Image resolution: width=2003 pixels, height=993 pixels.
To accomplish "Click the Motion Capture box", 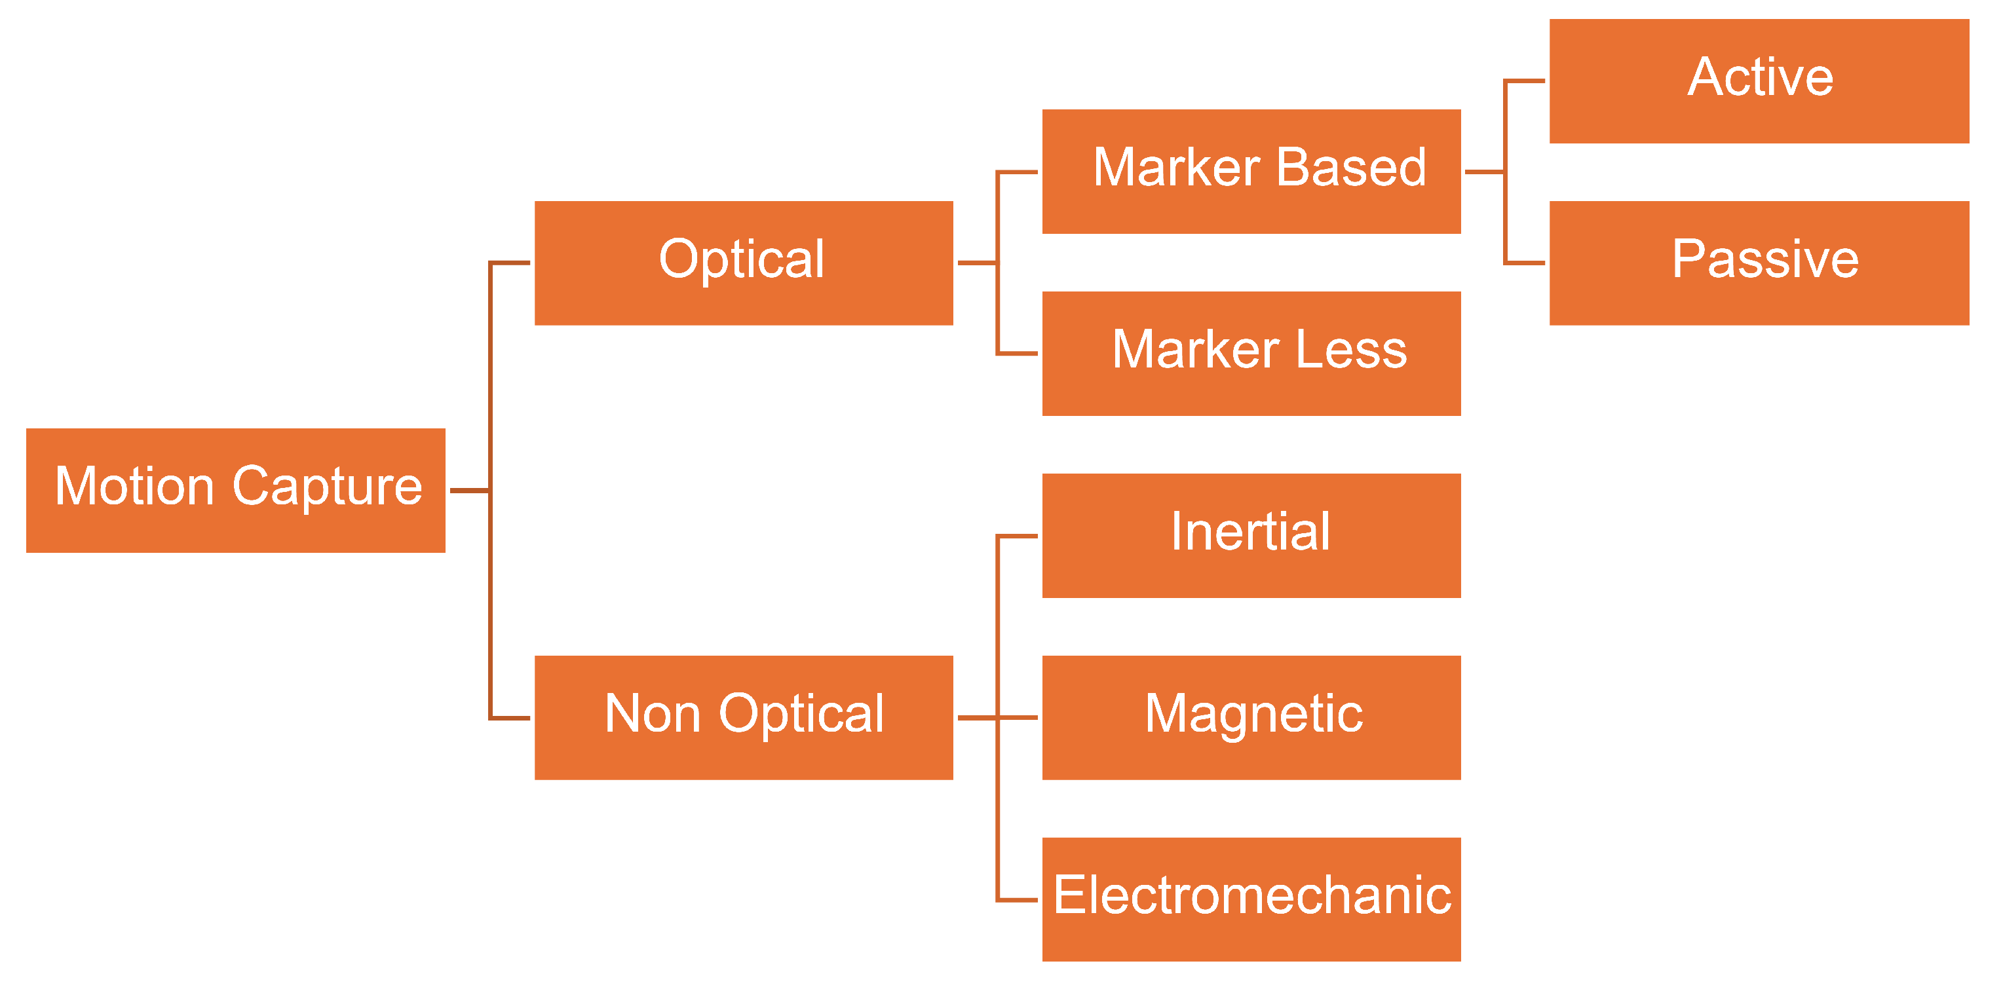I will click(236, 490).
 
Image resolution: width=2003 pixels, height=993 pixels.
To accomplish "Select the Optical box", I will click(744, 263).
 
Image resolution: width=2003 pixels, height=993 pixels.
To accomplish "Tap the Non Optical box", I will click(744, 717).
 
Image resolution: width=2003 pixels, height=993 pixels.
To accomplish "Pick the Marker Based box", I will click(1251, 171).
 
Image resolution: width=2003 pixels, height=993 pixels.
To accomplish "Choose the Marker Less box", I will click(1251, 353).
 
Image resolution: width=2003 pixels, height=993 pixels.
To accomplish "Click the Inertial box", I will click(1251, 535).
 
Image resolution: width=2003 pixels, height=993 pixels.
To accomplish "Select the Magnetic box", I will click(1251, 717).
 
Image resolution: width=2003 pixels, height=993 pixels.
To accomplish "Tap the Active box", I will click(1759, 81).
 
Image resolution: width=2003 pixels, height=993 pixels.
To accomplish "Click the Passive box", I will click(1759, 263).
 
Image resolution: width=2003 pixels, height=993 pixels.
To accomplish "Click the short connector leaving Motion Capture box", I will click(469, 491).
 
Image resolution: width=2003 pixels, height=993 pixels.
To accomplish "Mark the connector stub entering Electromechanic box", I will click(1018, 900).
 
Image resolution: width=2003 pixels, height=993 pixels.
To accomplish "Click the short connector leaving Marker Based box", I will click(1483, 172).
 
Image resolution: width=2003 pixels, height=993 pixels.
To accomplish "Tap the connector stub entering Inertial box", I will click(1018, 536).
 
